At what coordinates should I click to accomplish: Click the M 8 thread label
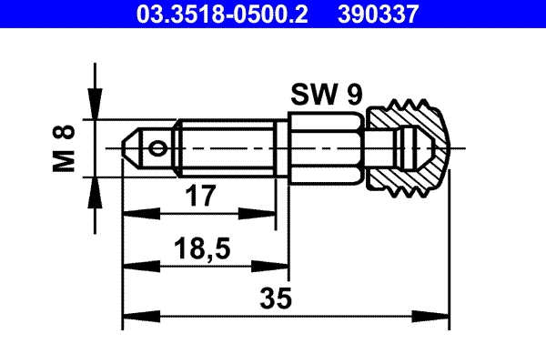pyautogui.click(x=64, y=147)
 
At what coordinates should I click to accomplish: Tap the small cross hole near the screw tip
pyautogui.click(x=160, y=147)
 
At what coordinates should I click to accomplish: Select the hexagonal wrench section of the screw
pyautogui.click(x=327, y=147)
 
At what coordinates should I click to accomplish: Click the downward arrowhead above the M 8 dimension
pyautogui.click(x=93, y=108)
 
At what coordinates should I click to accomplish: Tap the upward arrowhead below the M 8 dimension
pyautogui.click(x=93, y=186)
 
